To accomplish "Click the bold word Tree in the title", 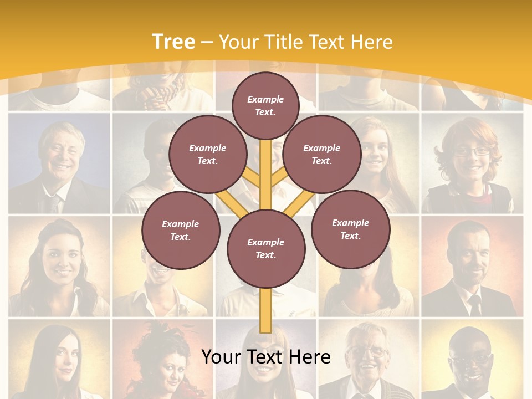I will point(173,42).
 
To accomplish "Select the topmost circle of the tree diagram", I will point(265,105).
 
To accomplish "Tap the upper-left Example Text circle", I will point(208,154).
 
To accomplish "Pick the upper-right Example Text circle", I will point(322,154).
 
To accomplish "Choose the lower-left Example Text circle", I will point(181,230).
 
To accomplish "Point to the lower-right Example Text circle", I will point(350,229).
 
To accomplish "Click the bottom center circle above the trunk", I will point(266,248).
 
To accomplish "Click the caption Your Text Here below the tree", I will point(266,357).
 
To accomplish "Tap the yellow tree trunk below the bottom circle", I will point(266,310).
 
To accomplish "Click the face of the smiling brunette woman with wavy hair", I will point(59,258).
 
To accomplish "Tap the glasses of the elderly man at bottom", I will point(368,351).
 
